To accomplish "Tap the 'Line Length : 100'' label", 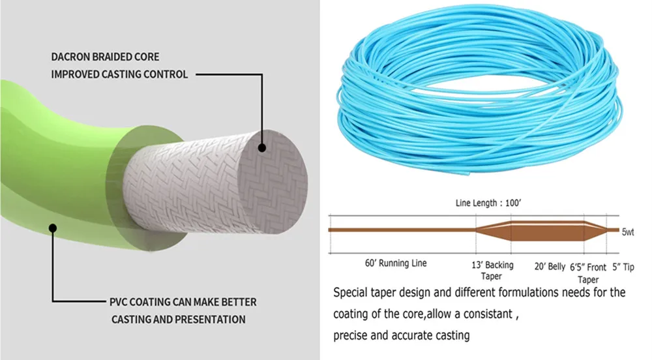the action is [488, 203].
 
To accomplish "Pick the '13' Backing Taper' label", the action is [492, 270].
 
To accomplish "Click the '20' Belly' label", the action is [549, 266].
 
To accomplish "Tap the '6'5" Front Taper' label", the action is [588, 272].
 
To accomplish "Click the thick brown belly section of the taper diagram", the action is [548, 230].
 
